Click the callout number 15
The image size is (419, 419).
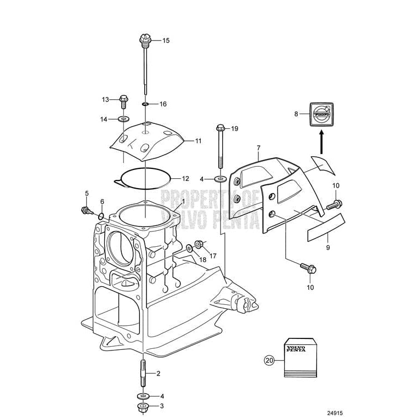pyautogui.click(x=166, y=41)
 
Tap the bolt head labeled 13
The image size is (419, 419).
pyautogui.click(x=123, y=99)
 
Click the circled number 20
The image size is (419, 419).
pyautogui.click(x=268, y=360)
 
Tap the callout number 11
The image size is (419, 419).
pyautogui.click(x=198, y=141)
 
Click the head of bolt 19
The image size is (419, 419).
pyautogui.click(x=220, y=129)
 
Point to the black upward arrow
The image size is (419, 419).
pyautogui.click(x=321, y=145)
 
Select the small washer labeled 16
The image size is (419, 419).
pyautogui.click(x=145, y=104)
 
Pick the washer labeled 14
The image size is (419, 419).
pyautogui.click(x=122, y=119)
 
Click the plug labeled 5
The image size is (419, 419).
pyautogui.click(x=86, y=210)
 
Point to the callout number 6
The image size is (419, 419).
pyautogui.click(x=102, y=202)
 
